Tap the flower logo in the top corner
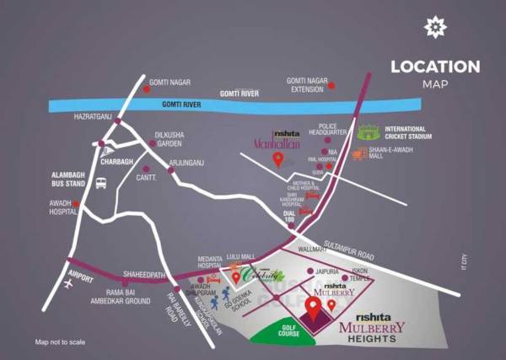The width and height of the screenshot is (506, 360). point(434,28)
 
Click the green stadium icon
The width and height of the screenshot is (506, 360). point(369,132)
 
